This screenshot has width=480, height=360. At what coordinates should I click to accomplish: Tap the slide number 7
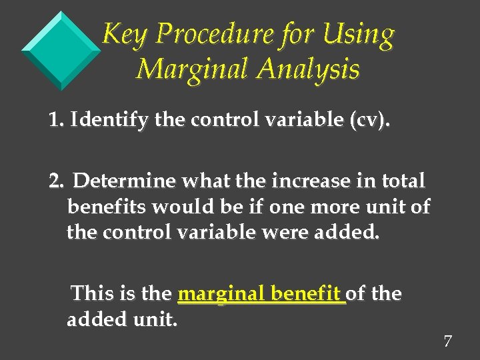click(447, 342)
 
